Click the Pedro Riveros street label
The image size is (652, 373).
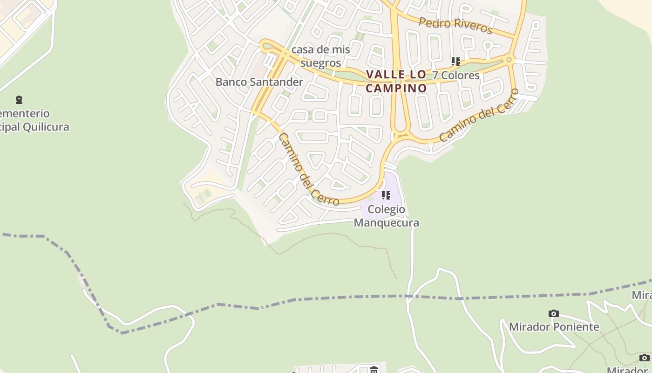point(455,25)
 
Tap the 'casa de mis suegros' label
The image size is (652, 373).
point(320,56)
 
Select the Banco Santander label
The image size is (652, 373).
point(259,82)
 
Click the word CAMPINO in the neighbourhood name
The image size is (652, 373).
point(396,88)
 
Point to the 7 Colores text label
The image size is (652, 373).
point(456,75)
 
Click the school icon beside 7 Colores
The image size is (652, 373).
point(455,61)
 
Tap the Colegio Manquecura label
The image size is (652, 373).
point(387,216)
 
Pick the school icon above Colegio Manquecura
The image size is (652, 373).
point(386,195)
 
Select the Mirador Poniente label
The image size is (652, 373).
point(554,326)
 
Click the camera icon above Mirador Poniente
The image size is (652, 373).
point(553,313)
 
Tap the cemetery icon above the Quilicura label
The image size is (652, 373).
point(19,99)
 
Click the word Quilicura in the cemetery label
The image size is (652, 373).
point(46,127)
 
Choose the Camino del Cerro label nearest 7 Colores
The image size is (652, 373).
point(479,115)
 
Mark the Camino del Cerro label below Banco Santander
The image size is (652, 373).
point(308,170)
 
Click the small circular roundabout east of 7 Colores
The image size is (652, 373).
point(509,60)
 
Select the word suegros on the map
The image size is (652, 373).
point(320,62)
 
